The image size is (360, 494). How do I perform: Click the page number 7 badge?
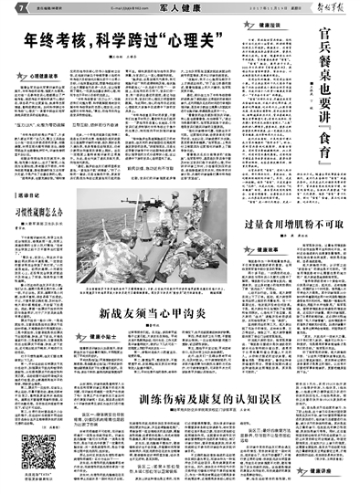6,7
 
